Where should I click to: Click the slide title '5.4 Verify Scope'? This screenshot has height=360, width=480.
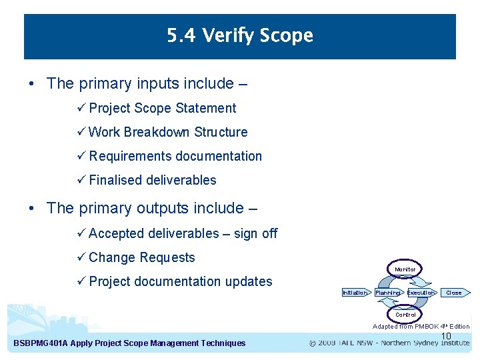[240, 35]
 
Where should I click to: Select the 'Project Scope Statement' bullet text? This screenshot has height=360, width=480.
[162, 108]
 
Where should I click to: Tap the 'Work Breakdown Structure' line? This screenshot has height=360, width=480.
[167, 132]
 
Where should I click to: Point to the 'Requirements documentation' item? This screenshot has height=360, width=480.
[175, 156]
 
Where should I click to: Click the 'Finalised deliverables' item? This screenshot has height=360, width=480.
[152, 180]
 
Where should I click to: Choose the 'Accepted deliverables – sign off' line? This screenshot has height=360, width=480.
[183, 233]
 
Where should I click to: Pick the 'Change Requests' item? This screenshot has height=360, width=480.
[141, 257]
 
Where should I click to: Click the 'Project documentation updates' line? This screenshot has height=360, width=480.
[180, 281]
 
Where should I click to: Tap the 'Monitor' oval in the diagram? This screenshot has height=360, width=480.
[405, 269]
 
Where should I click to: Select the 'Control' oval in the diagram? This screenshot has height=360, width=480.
[405, 315]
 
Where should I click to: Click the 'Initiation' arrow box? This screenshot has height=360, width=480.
[355, 293]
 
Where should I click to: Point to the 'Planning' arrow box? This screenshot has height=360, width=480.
[387, 293]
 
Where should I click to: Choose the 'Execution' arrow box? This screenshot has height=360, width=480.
[421, 293]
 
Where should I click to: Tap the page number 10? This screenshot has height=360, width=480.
[447, 336]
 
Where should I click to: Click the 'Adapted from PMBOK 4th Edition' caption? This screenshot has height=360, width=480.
[421, 327]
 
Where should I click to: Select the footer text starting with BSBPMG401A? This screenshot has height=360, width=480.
[129, 343]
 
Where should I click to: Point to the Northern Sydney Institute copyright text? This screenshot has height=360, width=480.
[389, 343]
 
